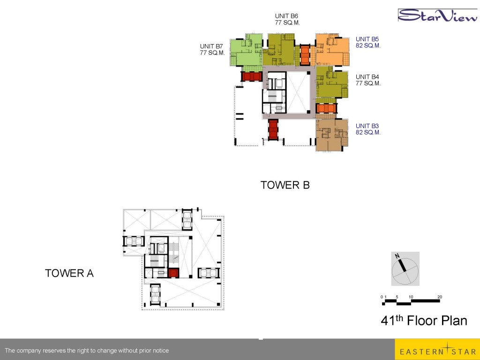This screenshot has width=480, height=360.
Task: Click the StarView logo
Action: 438,15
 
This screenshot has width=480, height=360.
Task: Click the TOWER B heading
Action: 285,185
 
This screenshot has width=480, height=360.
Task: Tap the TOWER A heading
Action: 69,273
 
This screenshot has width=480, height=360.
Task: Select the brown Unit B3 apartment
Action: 331,135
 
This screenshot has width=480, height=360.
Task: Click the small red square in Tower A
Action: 173,273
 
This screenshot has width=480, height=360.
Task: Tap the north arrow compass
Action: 405,269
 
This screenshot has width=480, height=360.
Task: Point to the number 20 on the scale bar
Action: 440,297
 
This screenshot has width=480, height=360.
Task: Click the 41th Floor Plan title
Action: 424,320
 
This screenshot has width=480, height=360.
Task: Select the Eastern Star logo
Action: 437,350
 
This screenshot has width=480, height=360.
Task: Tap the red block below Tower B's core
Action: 273,130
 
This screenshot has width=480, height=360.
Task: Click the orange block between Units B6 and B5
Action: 305,55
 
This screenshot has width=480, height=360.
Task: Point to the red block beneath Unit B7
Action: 252,76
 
